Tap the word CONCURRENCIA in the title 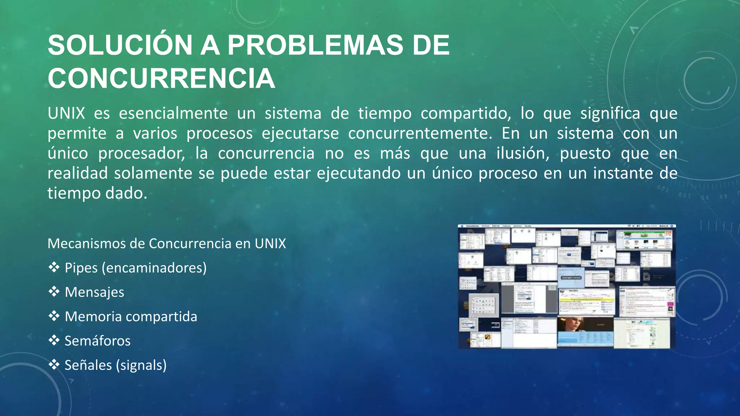pyautogui.click(x=162, y=78)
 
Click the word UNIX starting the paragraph pyautogui.click(x=66, y=113)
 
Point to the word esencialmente pyautogui.click(x=173, y=113)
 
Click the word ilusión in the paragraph pyautogui.click(x=523, y=153)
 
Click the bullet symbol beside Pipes pyautogui.click(x=54, y=268)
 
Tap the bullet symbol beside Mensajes pyautogui.click(x=54, y=292)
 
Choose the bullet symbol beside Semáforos pyautogui.click(x=54, y=341)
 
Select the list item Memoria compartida pyautogui.click(x=131, y=316)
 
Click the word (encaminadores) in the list pyautogui.click(x=154, y=268)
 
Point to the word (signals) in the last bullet pyautogui.click(x=141, y=365)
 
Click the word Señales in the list pyautogui.click(x=88, y=365)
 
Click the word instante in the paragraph pyautogui.click(x=623, y=173)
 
